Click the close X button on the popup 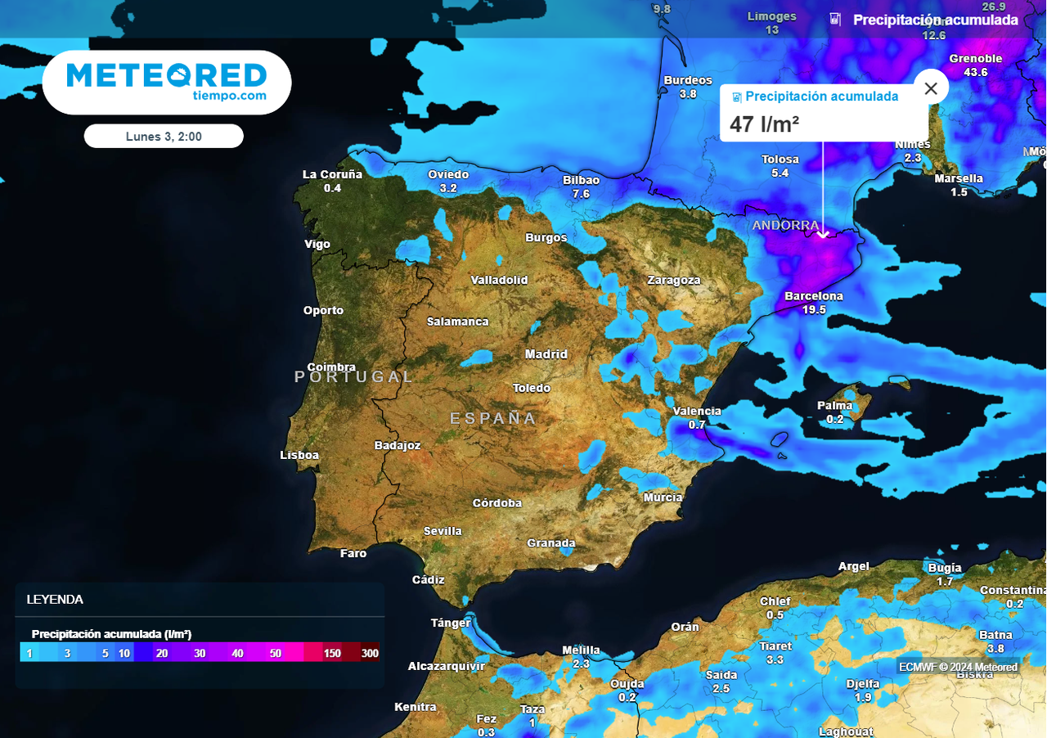931,88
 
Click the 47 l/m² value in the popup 764,124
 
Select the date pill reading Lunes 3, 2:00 164,137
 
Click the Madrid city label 546,354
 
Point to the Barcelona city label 814,296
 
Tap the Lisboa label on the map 299,455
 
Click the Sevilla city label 443,531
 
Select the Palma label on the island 835,405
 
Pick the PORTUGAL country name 354,376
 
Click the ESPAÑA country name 493,419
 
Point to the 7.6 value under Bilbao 582,194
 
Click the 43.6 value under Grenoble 976,72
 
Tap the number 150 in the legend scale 332,653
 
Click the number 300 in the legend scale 370,653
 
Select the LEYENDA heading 55,600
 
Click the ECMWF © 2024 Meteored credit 959,667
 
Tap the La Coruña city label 332,174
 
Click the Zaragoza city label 674,280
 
